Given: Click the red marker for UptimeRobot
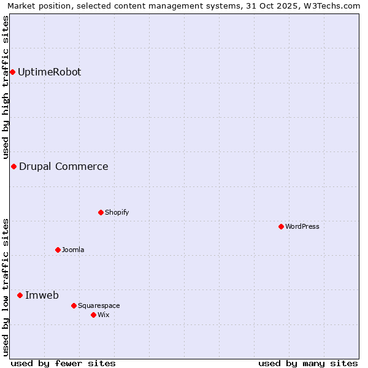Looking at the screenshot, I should [12, 72].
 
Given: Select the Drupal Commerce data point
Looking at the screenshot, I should [13, 167].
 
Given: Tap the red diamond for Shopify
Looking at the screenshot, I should [101, 213].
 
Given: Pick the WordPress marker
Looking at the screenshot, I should [281, 227].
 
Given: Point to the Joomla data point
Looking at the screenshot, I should [58, 250].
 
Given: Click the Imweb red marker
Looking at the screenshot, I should [20, 296].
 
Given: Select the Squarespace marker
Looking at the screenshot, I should [74, 305].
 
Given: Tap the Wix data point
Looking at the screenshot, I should [93, 315].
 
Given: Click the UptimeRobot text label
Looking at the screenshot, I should [49, 72].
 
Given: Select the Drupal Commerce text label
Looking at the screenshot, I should [63, 167].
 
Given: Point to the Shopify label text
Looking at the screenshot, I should [117, 213].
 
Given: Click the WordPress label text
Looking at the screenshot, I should [302, 227].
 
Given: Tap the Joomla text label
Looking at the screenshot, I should [73, 250].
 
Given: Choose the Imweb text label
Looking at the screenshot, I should [42, 296].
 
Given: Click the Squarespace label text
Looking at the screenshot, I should [99, 305].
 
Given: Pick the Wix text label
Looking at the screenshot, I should [103, 315].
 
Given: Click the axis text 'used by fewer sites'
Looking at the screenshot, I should [63, 364].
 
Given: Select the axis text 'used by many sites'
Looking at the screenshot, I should [308, 364].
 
